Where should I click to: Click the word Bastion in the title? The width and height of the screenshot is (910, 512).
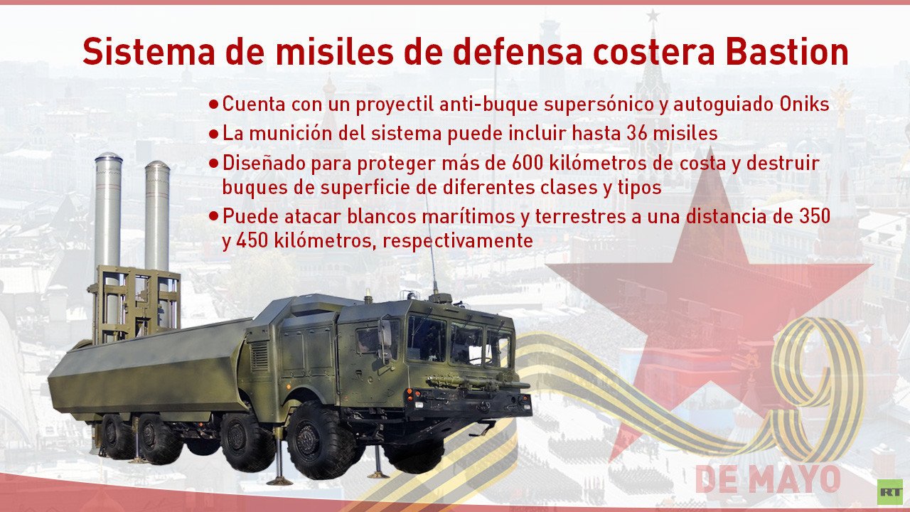(787, 52)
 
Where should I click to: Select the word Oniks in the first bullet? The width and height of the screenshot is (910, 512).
(804, 105)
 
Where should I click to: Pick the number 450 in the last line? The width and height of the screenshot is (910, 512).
(252, 240)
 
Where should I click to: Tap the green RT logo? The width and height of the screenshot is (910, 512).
(889, 491)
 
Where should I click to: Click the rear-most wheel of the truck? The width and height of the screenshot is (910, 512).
(116, 437)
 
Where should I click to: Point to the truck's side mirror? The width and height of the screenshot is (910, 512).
(385, 339)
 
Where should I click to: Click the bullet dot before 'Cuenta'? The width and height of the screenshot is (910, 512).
(214, 105)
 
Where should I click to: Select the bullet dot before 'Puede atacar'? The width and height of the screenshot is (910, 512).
(214, 215)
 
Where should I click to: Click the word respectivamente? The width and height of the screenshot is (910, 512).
(457, 241)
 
